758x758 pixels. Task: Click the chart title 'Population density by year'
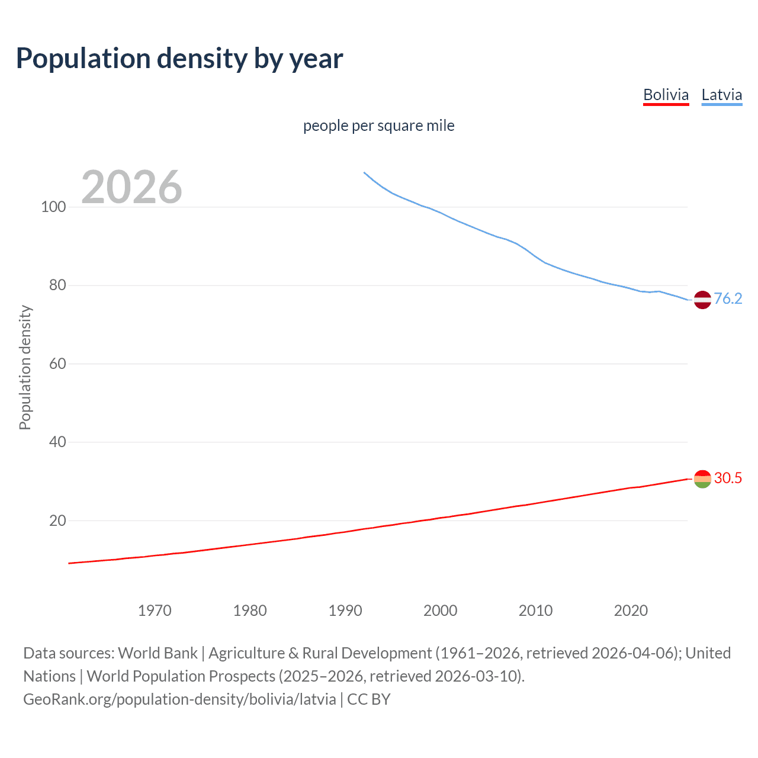[x=179, y=59]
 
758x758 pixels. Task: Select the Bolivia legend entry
[x=666, y=95]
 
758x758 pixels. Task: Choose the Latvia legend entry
[x=721, y=95]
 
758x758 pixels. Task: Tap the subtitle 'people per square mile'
[x=378, y=126]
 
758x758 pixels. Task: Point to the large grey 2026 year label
[x=131, y=187]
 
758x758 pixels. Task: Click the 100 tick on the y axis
[x=53, y=207]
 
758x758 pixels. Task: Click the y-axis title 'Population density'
[x=25, y=367]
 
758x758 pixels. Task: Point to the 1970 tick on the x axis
[x=155, y=611]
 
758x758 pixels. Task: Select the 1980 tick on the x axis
[x=250, y=611]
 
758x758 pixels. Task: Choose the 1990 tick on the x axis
[x=345, y=611]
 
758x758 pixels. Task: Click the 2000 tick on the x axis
[x=440, y=611]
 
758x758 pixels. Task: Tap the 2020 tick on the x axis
[x=631, y=611]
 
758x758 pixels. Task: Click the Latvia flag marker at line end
[x=702, y=300]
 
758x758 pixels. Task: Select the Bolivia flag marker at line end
[x=702, y=478]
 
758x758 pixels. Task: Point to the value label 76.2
[x=728, y=298]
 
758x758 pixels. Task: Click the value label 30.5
[x=728, y=478]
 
